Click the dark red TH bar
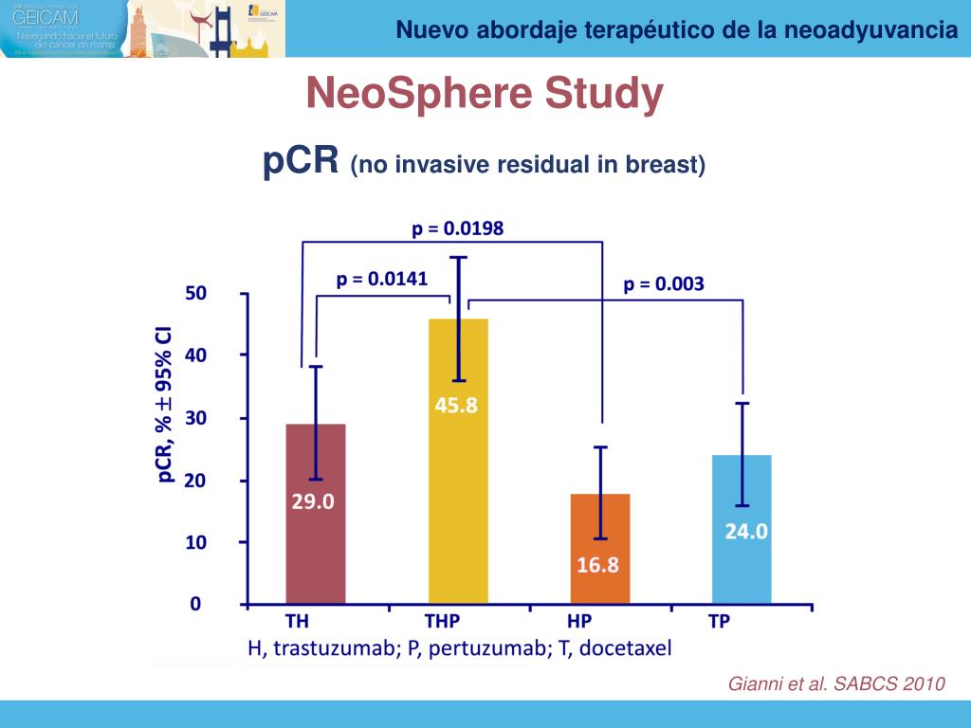pos(316,550)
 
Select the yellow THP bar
pos(458,493)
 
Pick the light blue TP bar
pos(742,569)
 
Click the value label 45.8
pos(456,406)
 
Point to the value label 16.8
pos(598,566)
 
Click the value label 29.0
pos(313,502)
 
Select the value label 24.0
pos(746,532)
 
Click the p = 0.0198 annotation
pos(457,228)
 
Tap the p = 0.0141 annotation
pos(382,279)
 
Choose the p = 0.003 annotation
pos(664,284)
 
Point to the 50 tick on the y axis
pos(195,293)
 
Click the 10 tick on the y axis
pos(195,542)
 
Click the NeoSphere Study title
pos(485,95)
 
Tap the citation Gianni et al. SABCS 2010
pos(836,683)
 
